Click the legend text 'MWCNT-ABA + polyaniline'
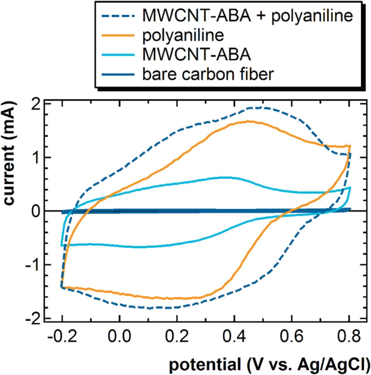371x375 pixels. pos(247,16)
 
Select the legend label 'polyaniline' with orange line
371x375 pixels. pos(183,35)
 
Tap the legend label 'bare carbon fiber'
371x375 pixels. pos(208,74)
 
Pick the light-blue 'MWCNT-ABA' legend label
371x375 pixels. pos(196,54)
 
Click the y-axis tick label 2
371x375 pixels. pos(36,104)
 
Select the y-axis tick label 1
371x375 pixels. pos(36,158)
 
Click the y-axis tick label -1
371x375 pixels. pos(33,265)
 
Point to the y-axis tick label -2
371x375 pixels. pos(33,319)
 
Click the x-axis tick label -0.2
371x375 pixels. pos(62,337)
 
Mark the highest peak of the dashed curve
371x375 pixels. pos(258,108)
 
